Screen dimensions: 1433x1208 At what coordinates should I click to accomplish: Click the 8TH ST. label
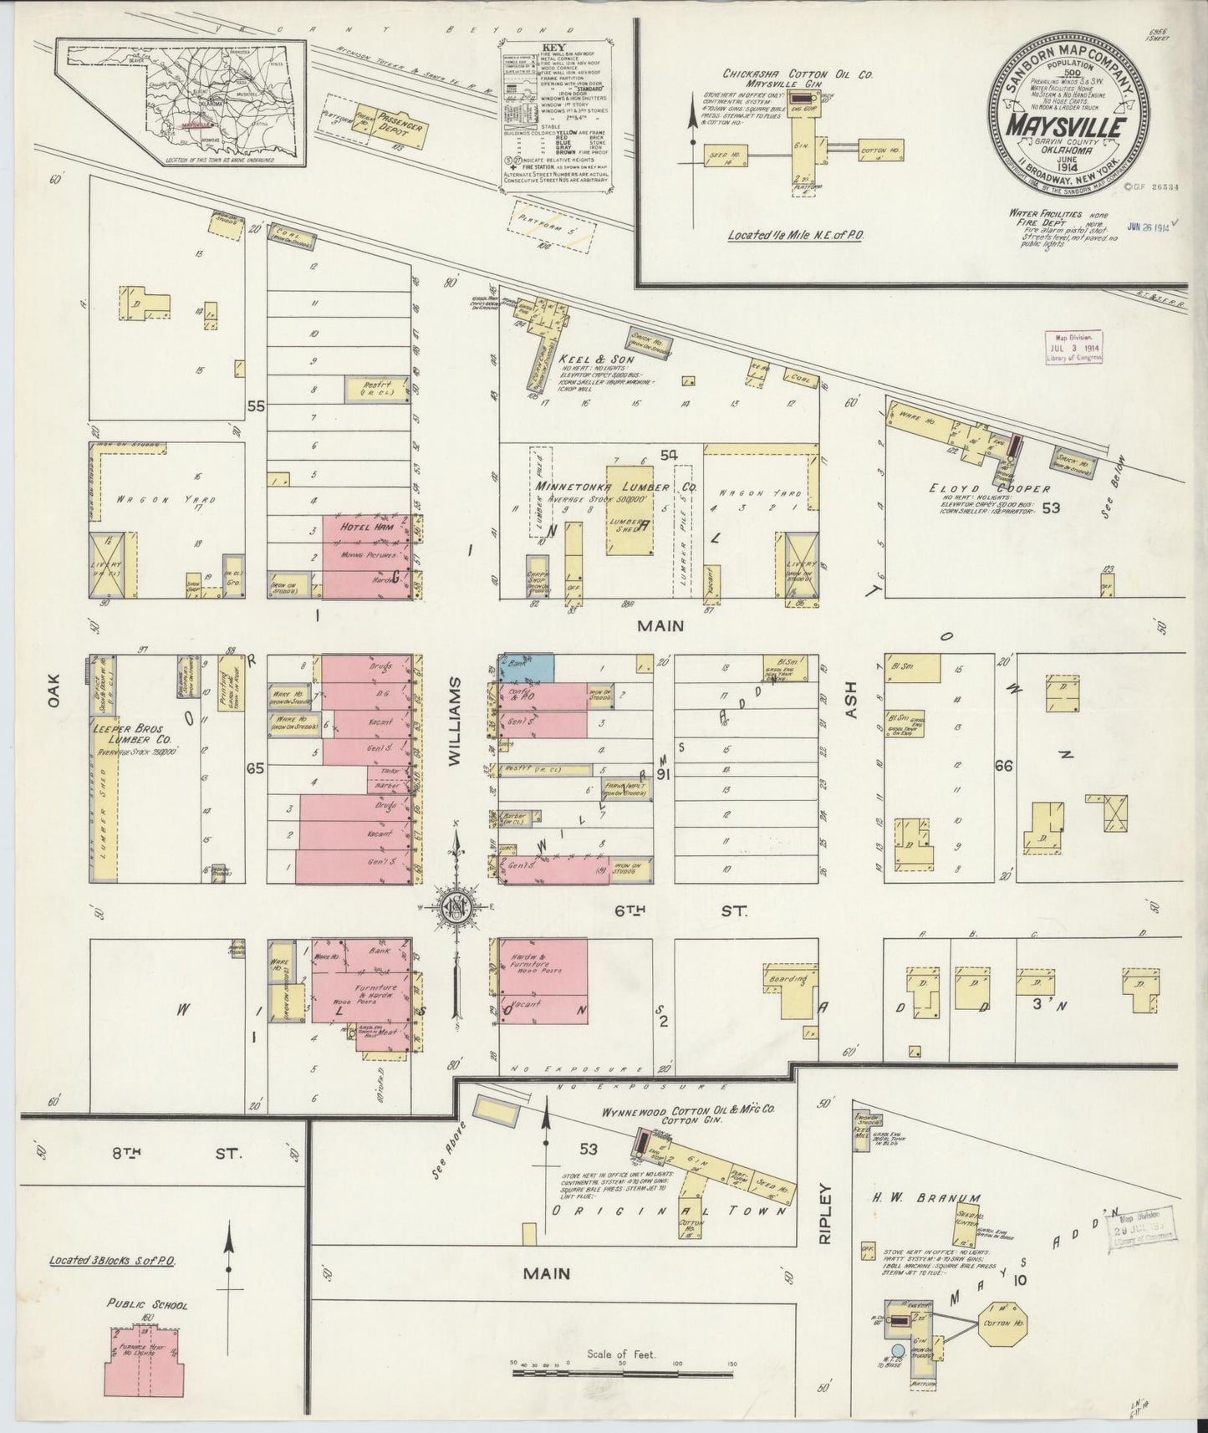click(178, 1154)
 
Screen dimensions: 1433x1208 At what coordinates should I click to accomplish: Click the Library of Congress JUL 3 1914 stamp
click(1074, 346)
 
